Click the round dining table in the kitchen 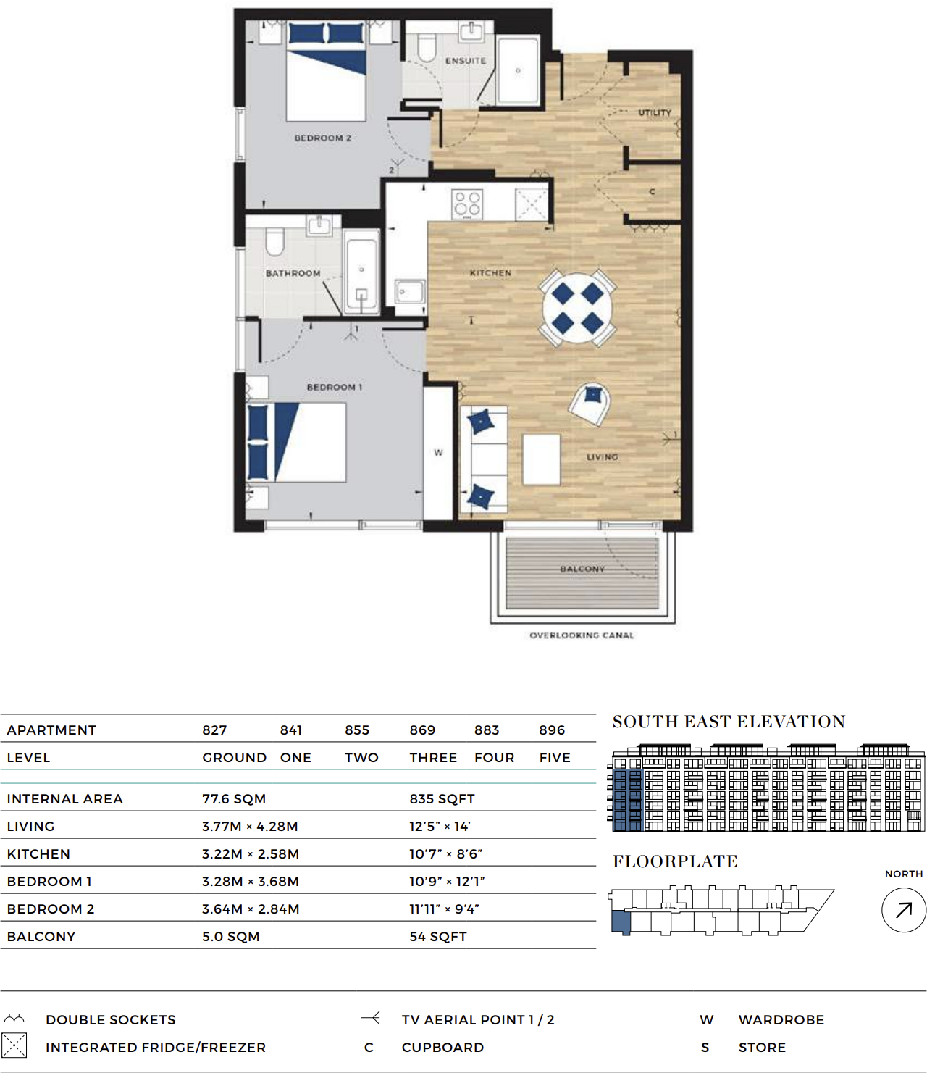pyautogui.click(x=577, y=308)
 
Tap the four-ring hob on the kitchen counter pyautogui.click(x=466, y=204)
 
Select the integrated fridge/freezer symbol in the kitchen pyautogui.click(x=531, y=204)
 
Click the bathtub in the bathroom pyautogui.click(x=361, y=272)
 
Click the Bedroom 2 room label pyautogui.click(x=322, y=138)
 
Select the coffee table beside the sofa pyautogui.click(x=541, y=459)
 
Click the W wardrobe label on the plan pyautogui.click(x=438, y=453)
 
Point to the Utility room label pyautogui.click(x=654, y=113)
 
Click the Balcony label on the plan pyautogui.click(x=582, y=569)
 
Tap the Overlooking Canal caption pyautogui.click(x=582, y=635)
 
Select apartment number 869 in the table pyautogui.click(x=422, y=730)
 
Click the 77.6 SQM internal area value pyautogui.click(x=234, y=799)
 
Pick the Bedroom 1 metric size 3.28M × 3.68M pyautogui.click(x=251, y=882)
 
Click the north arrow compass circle pyautogui.click(x=903, y=910)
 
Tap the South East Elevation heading pyautogui.click(x=729, y=722)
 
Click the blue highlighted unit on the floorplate pyautogui.click(x=621, y=922)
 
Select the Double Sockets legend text pyautogui.click(x=111, y=1020)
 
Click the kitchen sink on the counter pyautogui.click(x=409, y=292)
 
